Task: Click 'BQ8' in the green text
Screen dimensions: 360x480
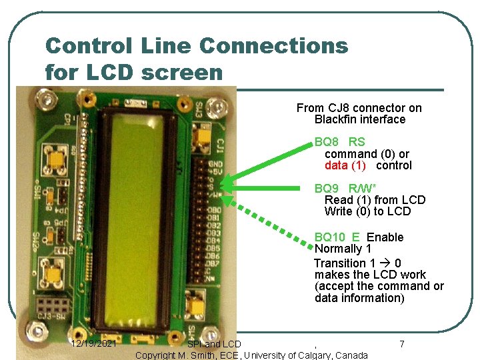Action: click(x=325, y=142)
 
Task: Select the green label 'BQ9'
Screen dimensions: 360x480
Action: click(x=326, y=188)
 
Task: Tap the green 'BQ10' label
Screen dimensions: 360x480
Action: click(x=329, y=237)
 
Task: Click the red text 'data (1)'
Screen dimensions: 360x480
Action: click(x=345, y=165)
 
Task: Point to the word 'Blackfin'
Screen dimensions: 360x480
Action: click(x=337, y=119)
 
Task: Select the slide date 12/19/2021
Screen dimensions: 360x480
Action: click(x=94, y=344)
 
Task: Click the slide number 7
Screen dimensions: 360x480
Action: click(x=401, y=344)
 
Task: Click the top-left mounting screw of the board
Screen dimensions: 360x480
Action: click(x=47, y=101)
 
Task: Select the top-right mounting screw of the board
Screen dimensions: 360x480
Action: click(x=215, y=105)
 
